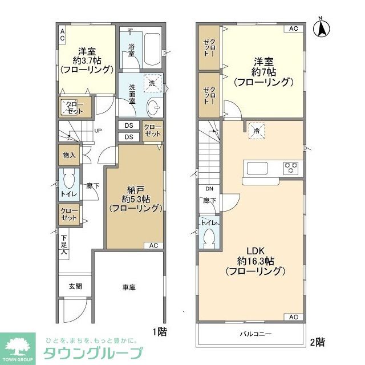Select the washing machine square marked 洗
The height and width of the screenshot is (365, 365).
(152, 83)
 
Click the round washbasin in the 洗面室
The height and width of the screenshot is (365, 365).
(153, 107)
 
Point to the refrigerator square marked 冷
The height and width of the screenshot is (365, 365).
(257, 130)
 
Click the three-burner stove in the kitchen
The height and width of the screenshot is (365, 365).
(291, 168)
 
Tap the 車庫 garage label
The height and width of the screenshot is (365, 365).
(129, 287)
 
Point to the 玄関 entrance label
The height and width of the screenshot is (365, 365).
(76, 286)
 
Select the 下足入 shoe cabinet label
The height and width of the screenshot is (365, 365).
(64, 244)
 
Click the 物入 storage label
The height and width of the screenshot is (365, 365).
(69, 155)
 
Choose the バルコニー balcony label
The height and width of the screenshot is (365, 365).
(252, 334)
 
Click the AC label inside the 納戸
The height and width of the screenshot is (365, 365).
(153, 245)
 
